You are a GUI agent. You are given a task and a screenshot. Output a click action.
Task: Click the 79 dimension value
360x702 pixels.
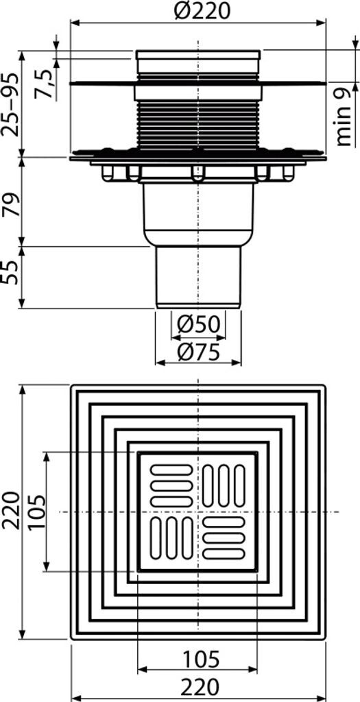point(11,204)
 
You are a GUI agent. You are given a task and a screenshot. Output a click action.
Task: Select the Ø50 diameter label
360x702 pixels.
point(197,324)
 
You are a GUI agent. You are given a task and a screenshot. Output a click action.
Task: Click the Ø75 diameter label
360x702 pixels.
point(197,353)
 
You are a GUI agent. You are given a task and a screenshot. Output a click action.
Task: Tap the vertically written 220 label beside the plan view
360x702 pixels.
point(11,510)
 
